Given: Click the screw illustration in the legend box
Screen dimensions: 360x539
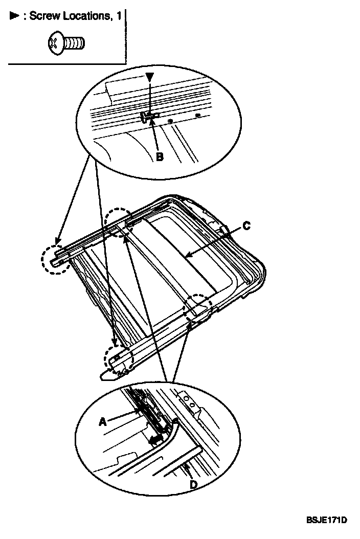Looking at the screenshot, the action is (x=65, y=44).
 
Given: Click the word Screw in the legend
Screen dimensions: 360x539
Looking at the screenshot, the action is (x=43, y=16).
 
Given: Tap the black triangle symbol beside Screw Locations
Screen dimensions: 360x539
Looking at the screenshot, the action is (x=14, y=16).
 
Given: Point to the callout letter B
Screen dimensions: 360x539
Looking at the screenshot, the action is (x=159, y=157).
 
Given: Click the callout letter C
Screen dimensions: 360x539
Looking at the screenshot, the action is (x=246, y=226).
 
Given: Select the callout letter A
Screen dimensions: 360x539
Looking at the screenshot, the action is (x=103, y=422).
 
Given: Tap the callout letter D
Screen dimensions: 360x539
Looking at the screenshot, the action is (x=193, y=484).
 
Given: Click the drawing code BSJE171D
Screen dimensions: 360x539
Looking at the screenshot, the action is (x=327, y=521).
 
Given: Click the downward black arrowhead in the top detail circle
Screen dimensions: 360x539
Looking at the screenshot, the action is (x=149, y=77).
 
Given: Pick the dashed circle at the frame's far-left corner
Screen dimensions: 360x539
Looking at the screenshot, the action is (x=54, y=259).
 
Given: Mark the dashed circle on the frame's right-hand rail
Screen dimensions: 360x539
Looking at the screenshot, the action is (x=198, y=307).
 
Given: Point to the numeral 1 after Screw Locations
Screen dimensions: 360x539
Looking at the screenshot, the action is (x=119, y=16).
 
